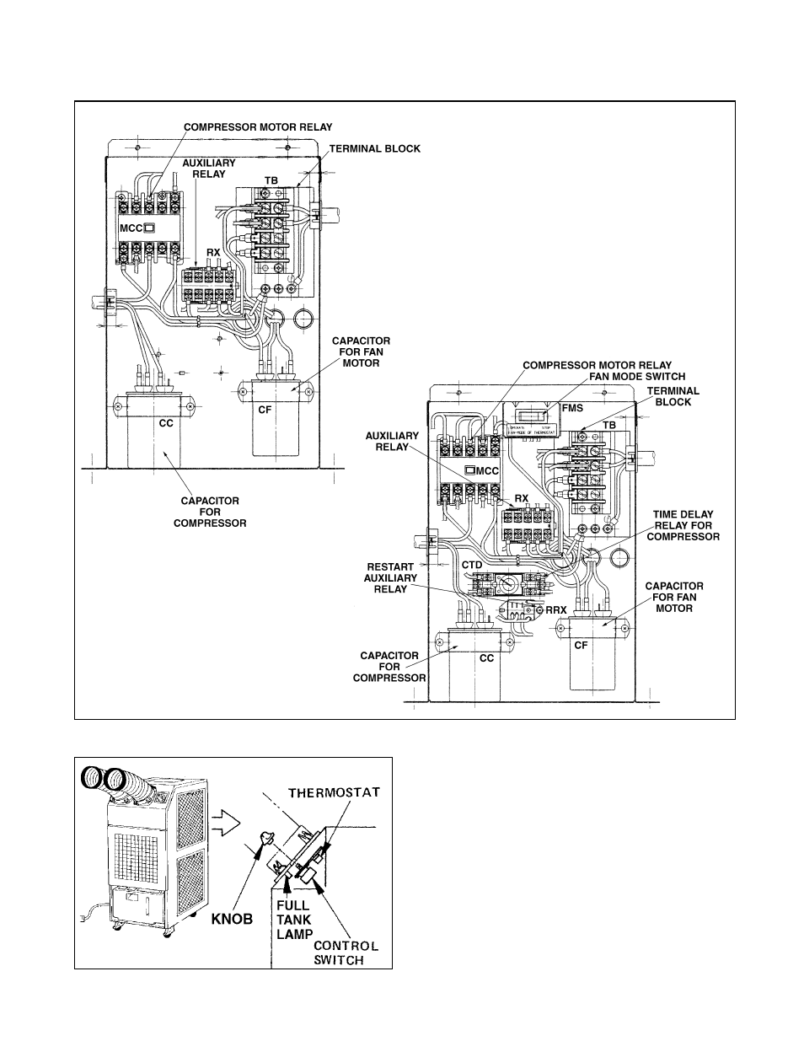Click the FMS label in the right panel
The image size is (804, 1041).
pos(572,408)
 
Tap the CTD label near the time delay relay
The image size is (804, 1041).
pos(472,564)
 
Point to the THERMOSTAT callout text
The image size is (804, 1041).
pos(334,792)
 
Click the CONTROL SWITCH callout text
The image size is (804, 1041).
pos(346,952)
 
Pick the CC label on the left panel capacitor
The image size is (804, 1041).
pos(166,422)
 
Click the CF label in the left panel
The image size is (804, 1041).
pos(265,406)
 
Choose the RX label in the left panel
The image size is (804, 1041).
pos(213,252)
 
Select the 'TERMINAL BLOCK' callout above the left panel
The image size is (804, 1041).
pos(374,148)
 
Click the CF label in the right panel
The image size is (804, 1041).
pos(581,646)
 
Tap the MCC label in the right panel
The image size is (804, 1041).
pos(482,470)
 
